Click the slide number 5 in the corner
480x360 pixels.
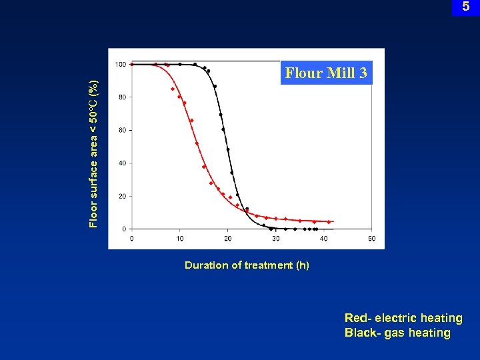pos(466,7)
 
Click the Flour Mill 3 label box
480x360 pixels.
pos(326,73)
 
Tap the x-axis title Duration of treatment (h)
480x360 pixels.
pos(247,265)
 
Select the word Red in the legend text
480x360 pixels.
pos(355,319)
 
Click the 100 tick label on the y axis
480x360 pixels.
pos(121,65)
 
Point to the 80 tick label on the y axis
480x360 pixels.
pos(122,97)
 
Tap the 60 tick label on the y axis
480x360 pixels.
pos(122,131)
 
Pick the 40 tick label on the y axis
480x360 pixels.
pos(122,163)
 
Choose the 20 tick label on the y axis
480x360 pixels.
pos(122,197)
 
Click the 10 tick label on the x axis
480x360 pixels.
pos(179,239)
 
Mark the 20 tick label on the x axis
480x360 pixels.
pos(227,239)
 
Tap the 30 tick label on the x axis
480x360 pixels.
pos(275,239)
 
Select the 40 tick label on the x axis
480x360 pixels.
pos(323,239)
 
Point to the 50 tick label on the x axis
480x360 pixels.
pos(371,239)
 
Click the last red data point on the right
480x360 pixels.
pos(329,222)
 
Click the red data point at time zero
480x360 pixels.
pos(132,65)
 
